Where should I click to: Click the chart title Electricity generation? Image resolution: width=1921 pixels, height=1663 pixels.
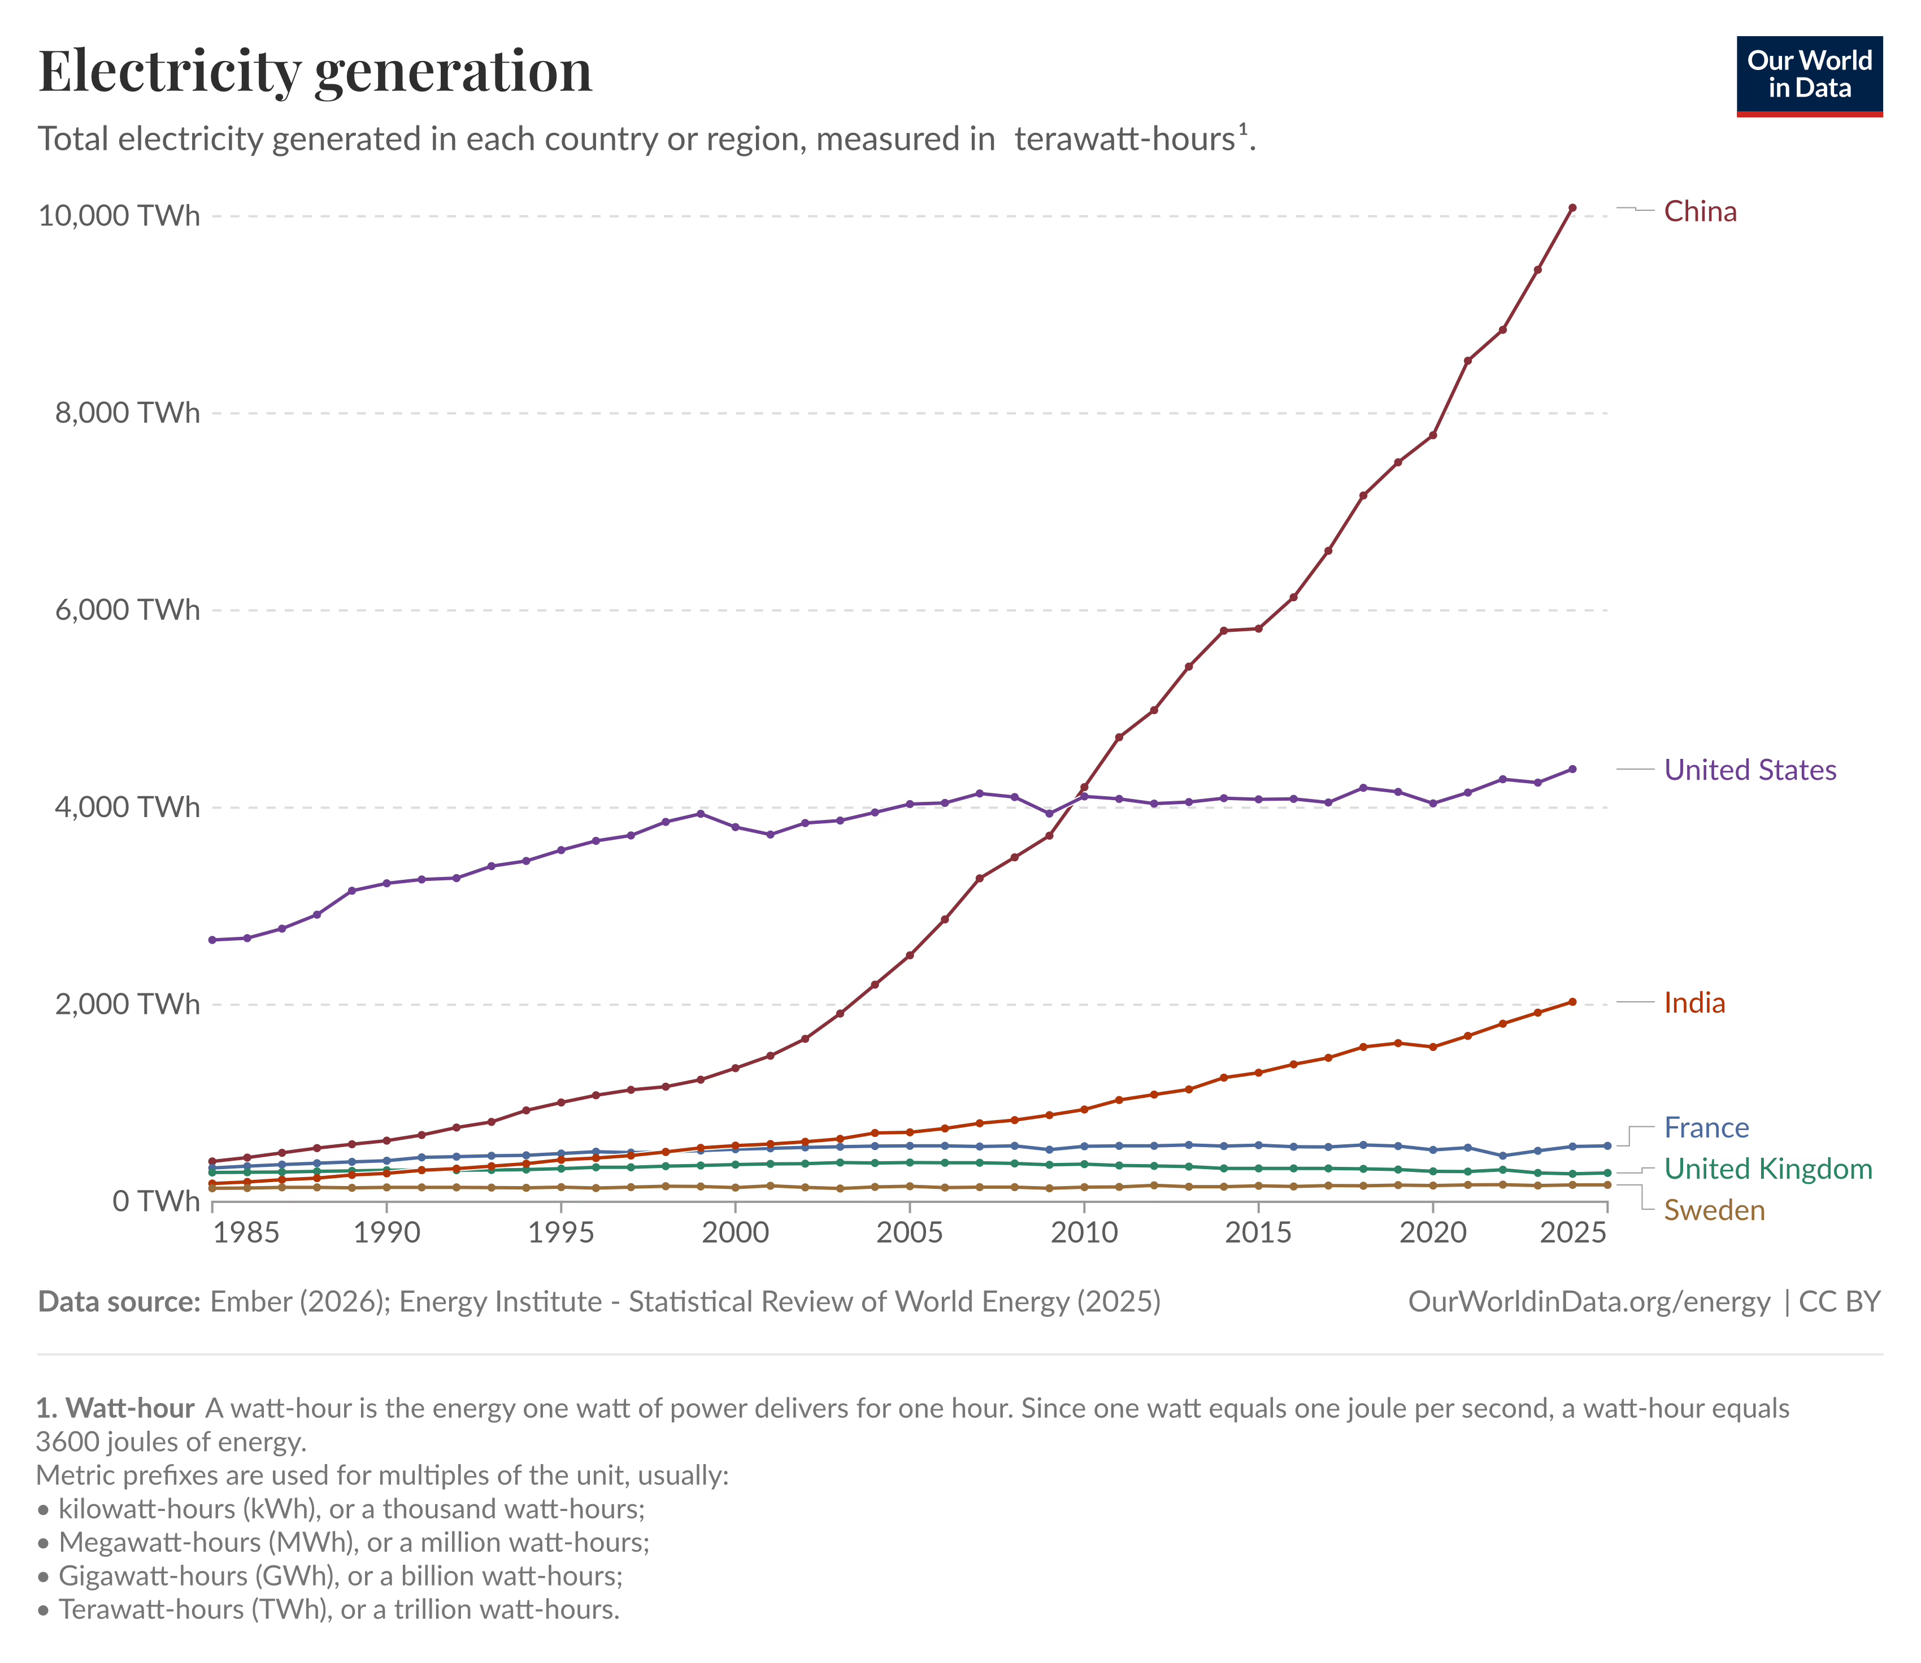(315, 71)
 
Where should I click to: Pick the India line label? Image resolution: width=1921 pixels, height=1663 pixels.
(1694, 1002)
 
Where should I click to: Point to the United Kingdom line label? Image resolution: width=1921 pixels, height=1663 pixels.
(1768, 1169)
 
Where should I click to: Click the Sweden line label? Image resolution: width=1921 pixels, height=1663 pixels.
(1714, 1210)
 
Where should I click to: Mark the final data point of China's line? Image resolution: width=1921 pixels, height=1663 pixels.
(1572, 208)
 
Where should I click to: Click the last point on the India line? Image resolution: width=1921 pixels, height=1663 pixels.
(1572, 1001)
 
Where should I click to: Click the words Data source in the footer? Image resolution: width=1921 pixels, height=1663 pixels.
(119, 1301)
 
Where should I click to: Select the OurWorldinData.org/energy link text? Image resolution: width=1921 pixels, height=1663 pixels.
(1589, 1301)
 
